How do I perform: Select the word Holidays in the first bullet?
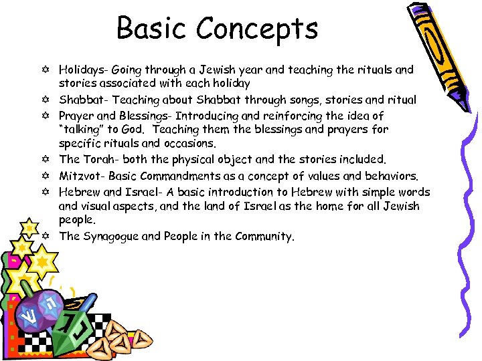[82, 70]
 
